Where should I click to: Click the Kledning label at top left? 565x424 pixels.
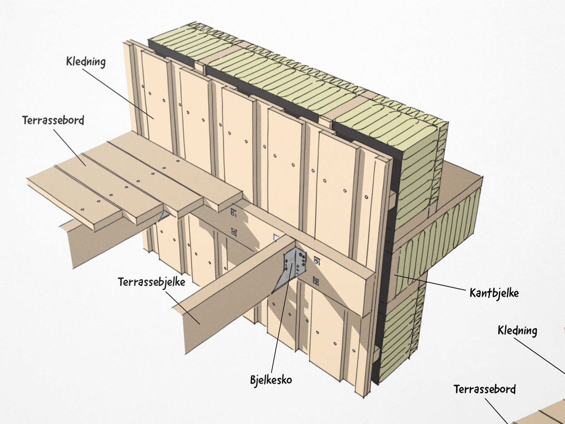coord(86,62)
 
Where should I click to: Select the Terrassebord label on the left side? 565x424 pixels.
coord(53,120)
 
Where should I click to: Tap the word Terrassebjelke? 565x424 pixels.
coord(151,282)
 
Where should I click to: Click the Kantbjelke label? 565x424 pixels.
coord(494,293)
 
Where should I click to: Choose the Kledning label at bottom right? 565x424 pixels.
coord(517,330)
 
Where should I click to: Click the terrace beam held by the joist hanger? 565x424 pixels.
coord(230,294)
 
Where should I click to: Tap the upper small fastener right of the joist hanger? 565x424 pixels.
coord(317,261)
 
